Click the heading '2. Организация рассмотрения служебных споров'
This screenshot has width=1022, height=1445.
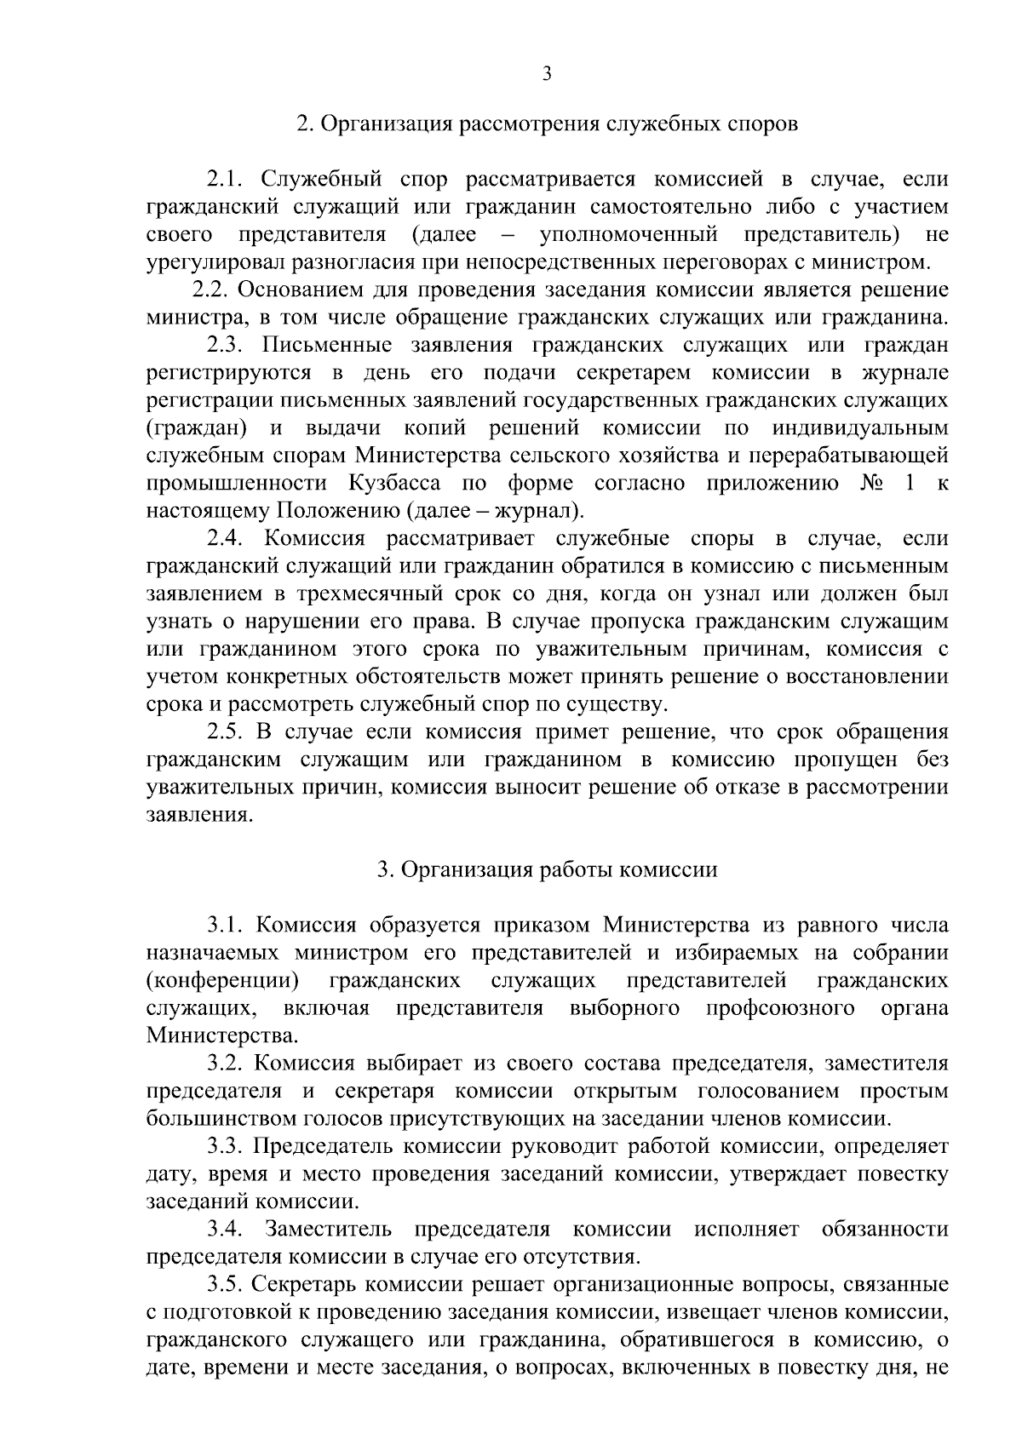pos(547,124)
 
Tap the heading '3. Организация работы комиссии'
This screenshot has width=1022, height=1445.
pos(547,869)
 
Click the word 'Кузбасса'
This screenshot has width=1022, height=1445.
pos(394,484)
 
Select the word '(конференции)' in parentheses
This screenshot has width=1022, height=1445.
pos(223,981)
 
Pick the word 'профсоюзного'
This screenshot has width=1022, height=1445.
pos(781,1008)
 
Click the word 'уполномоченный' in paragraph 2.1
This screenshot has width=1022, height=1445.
pos(629,235)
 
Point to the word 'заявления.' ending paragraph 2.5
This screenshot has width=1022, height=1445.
pos(200,815)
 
